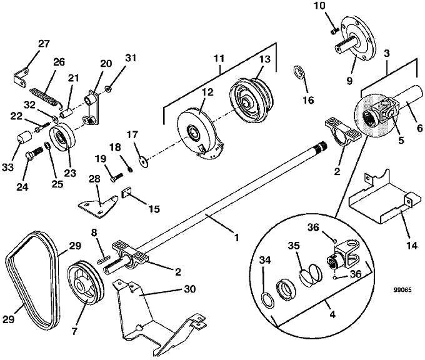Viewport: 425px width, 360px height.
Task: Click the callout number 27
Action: (x=44, y=44)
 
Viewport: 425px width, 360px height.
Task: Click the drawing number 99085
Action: (x=402, y=290)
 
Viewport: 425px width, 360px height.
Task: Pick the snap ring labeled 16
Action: (x=299, y=72)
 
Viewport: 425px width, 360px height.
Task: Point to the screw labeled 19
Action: (x=117, y=177)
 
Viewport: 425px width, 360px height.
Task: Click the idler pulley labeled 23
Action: (x=62, y=136)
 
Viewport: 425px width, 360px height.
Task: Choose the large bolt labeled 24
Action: (x=34, y=153)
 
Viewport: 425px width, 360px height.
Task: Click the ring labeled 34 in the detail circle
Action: (x=267, y=300)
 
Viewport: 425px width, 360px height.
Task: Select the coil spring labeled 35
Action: (x=311, y=274)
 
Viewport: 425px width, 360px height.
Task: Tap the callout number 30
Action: (x=190, y=289)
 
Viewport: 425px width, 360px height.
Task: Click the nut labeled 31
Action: (x=108, y=88)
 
